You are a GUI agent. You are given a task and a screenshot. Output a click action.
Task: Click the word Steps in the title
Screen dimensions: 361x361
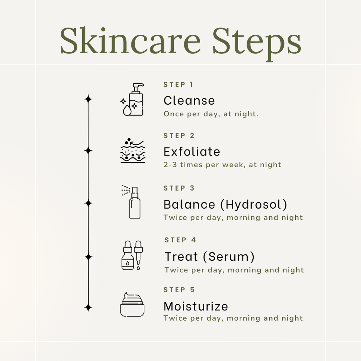[257, 44]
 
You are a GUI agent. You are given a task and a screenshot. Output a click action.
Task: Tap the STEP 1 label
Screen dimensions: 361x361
[178, 84]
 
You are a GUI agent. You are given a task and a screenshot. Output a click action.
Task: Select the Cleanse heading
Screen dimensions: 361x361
[189, 101]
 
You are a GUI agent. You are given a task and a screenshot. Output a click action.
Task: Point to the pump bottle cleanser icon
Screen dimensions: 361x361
[132, 100]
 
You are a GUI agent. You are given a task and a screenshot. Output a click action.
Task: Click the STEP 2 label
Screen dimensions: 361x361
[179, 136]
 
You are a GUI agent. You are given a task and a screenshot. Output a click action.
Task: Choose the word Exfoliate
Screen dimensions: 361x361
[192, 152]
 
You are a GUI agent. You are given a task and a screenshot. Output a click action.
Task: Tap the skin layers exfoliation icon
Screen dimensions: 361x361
[133, 151]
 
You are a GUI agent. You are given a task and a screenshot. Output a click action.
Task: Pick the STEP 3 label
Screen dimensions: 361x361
[179, 188]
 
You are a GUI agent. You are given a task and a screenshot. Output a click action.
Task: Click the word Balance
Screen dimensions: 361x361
[189, 204]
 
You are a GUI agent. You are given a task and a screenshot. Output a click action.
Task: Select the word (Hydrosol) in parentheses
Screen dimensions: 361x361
[254, 205]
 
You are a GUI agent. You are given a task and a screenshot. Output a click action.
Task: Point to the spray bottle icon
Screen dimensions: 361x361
[131, 202]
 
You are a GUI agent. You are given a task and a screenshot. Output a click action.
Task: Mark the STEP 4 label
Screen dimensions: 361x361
[180, 240]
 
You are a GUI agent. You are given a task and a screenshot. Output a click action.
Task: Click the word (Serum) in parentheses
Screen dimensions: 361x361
[229, 257]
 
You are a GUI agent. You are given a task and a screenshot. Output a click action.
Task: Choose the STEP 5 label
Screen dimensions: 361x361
[179, 290]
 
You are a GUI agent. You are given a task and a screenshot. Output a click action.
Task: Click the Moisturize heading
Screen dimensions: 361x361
[196, 306]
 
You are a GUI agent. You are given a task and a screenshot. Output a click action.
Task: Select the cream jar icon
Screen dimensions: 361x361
[132, 304]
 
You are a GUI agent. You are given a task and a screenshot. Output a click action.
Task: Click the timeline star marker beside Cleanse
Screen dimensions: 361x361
[88, 99]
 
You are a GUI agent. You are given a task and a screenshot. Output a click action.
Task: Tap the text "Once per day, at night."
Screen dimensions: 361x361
[211, 114]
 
